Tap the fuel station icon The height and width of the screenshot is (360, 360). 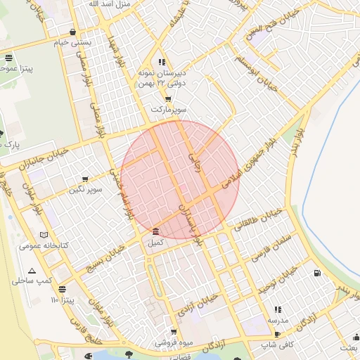pos(318,273)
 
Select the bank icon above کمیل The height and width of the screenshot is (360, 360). pos(155,232)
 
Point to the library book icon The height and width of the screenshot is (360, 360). pos(45,235)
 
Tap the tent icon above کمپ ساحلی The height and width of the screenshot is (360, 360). pos(32,271)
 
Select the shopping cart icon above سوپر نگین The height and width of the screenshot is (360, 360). pos(85,179)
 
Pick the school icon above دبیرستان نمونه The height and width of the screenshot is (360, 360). pos(162,62)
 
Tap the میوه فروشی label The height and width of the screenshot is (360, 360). pos(175,342)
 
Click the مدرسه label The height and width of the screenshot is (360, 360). pos(277,321)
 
